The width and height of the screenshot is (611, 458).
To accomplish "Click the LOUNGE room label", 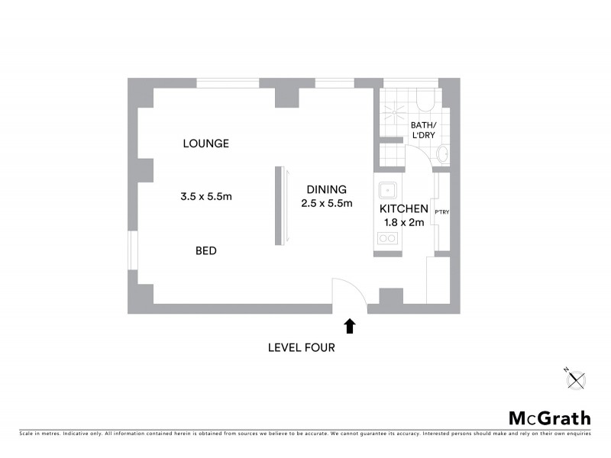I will pyautogui.click(x=206, y=144).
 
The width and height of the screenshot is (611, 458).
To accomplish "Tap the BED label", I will pyautogui.click(x=206, y=250).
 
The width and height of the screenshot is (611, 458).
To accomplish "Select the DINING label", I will pyautogui.click(x=326, y=189).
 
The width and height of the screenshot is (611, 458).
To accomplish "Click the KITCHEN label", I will pyautogui.click(x=404, y=208).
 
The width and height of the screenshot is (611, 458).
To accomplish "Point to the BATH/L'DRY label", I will pyautogui.click(x=423, y=131).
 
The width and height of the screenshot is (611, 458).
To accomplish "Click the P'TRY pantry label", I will pyautogui.click(x=441, y=212).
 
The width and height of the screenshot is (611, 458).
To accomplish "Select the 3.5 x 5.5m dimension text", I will pyautogui.click(x=206, y=196).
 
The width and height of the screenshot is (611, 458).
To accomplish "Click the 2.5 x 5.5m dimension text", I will pyautogui.click(x=327, y=203).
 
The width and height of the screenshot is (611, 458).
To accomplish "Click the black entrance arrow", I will pyautogui.click(x=350, y=327).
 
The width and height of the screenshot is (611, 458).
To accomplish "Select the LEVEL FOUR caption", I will pyautogui.click(x=301, y=347).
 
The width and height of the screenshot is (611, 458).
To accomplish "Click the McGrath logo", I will pyautogui.click(x=550, y=418).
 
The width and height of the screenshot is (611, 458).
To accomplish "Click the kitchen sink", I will pyautogui.click(x=388, y=188).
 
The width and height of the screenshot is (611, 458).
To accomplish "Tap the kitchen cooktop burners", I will pyautogui.click(x=388, y=238).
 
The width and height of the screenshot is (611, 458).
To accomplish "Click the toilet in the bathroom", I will pyautogui.click(x=425, y=101).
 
